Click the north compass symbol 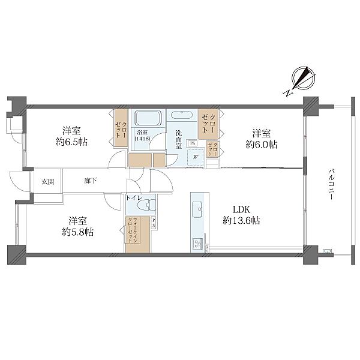301,80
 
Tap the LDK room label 241,209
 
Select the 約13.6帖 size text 241,221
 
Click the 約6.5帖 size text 71,142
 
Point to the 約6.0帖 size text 262,145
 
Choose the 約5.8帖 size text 77,232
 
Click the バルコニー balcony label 331,184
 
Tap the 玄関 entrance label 48,182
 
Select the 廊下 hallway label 91,181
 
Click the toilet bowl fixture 149,205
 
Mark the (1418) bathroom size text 143,139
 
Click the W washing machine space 196,157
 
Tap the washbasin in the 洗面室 182,115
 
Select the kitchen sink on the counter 197,209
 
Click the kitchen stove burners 198,243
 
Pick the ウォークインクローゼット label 132,230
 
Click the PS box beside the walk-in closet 154,223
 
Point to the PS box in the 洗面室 193,143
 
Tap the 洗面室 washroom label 179,140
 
